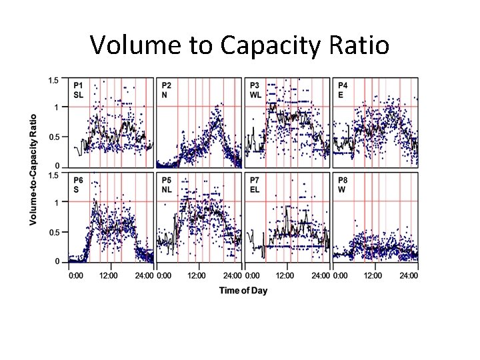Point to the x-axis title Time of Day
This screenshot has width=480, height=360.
click(243, 291)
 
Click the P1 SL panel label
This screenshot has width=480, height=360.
click(79, 90)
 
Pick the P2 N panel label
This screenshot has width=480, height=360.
click(166, 90)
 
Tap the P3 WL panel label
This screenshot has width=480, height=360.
click(255, 90)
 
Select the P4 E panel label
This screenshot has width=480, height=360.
click(343, 90)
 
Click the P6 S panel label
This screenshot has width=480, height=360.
click(79, 185)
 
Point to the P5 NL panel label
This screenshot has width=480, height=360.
click(167, 185)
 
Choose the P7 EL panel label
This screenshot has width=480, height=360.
click(255, 185)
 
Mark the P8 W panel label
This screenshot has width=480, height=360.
click(343, 185)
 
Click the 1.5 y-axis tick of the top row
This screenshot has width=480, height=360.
click(54, 80)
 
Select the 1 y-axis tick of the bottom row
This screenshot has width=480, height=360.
click(58, 202)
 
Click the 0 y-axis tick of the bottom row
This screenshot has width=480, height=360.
click(58, 261)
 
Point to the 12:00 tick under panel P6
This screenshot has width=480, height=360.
click(109, 275)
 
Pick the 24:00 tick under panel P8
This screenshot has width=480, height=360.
click(409, 275)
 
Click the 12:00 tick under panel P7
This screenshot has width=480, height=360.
click(285, 275)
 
